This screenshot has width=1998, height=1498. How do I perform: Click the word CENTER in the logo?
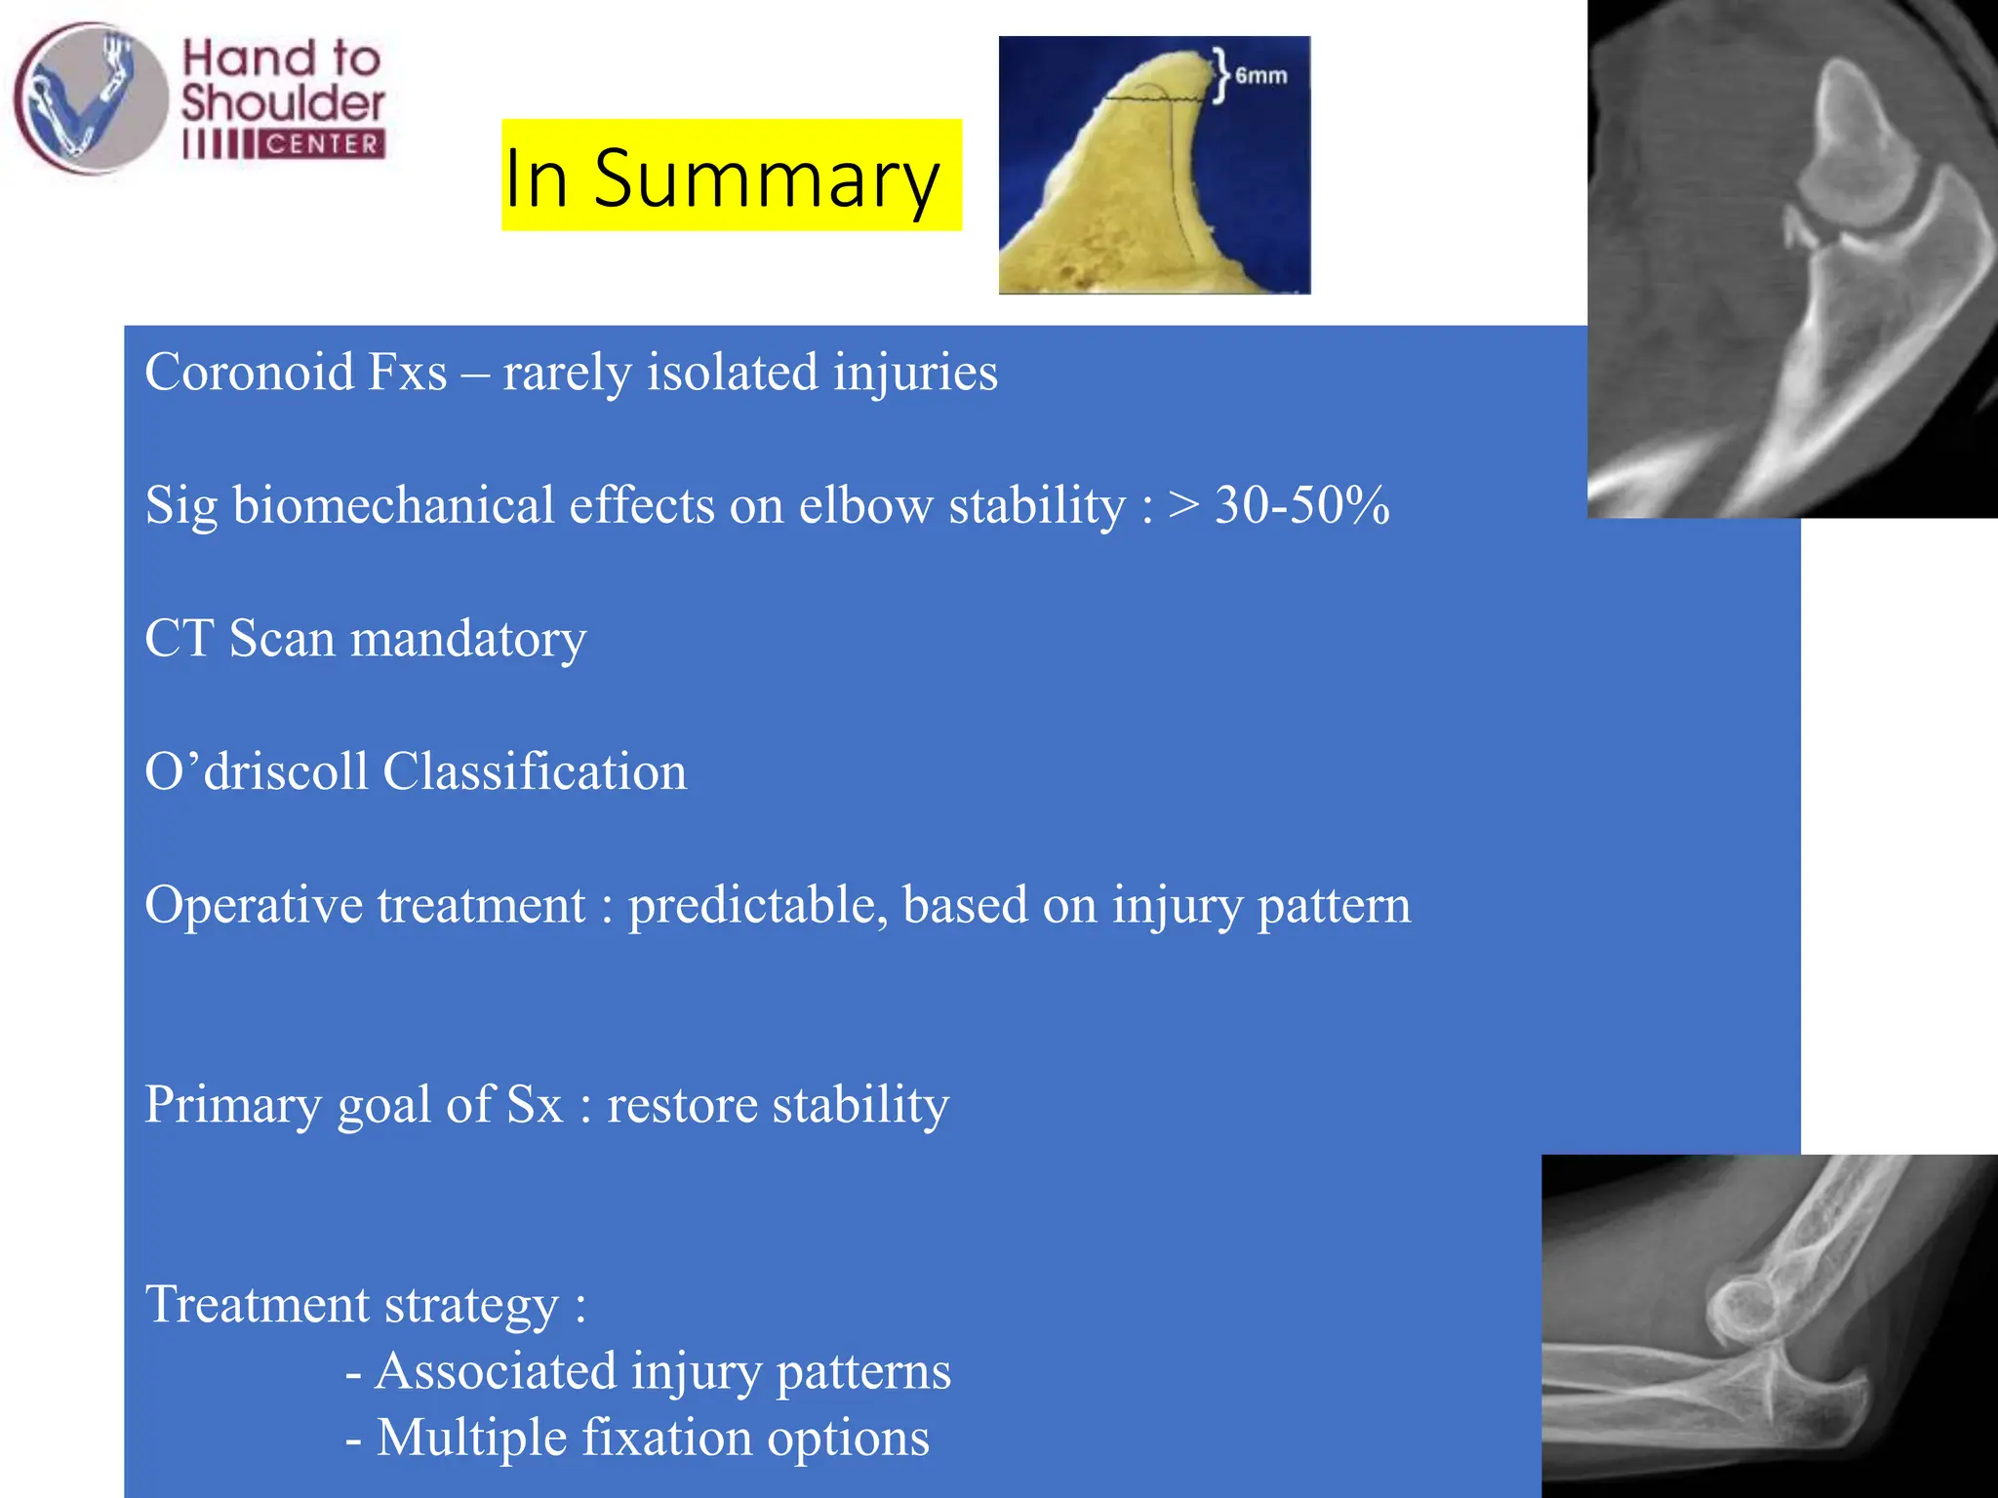pos(322,144)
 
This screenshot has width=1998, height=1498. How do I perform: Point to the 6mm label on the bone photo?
pos(1260,76)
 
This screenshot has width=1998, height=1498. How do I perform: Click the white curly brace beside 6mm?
pos(1221,75)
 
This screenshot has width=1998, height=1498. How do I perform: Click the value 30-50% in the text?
pos(1301,505)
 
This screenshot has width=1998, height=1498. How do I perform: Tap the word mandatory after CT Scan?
pos(468,640)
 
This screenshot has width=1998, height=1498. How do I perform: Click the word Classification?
pos(535,771)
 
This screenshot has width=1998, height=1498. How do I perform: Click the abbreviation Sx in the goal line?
pos(535,1105)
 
